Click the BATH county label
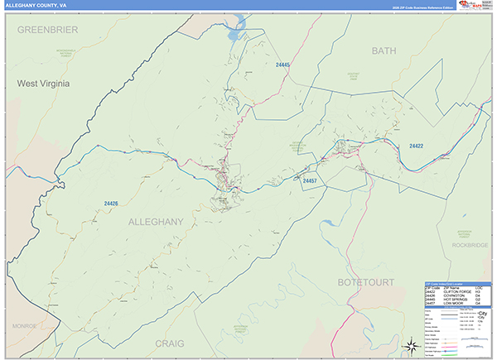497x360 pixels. point(384,51)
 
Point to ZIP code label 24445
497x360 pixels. point(283,65)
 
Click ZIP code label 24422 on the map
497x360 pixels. point(416,146)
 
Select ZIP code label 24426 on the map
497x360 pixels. point(112,204)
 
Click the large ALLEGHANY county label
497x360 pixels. point(155,222)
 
